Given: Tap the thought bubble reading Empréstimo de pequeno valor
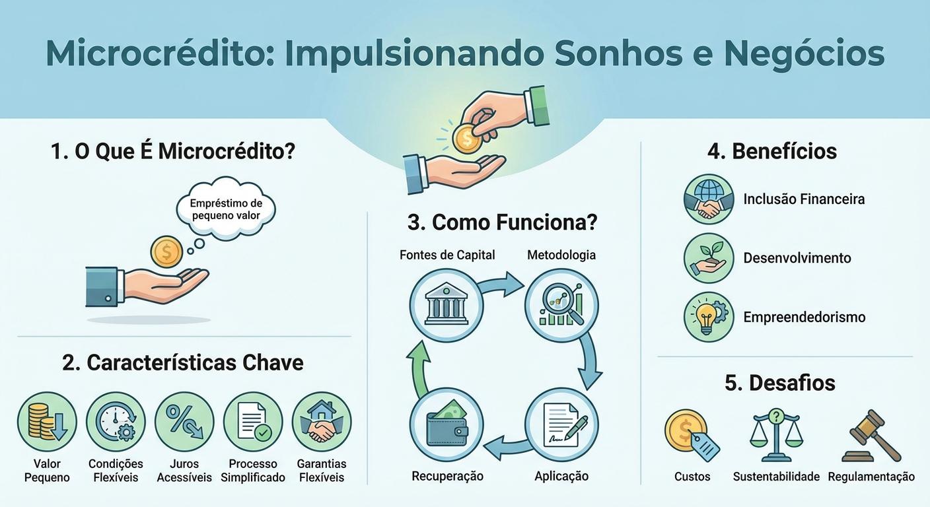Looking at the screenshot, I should coord(226,209).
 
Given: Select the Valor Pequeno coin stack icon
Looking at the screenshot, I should coord(47,422).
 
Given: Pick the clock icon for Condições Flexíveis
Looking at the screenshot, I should coord(116,422).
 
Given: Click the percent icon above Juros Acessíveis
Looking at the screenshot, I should coord(184,422).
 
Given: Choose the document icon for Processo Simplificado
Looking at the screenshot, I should coord(253,422).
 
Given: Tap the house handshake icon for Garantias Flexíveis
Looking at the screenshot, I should coord(322,422).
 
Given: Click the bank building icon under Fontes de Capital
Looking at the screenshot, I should coord(446,304).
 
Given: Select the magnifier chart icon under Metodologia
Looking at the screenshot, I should coord(561,304).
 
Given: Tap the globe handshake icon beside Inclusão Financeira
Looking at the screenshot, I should coord(709,199).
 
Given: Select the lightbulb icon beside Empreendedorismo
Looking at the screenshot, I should coord(709,317).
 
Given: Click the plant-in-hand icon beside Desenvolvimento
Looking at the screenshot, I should coord(709,258).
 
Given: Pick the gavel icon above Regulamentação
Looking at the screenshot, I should coord(871,435).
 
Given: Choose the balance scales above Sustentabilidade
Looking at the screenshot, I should coord(776,435).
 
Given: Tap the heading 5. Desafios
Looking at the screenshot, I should coord(779,383).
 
